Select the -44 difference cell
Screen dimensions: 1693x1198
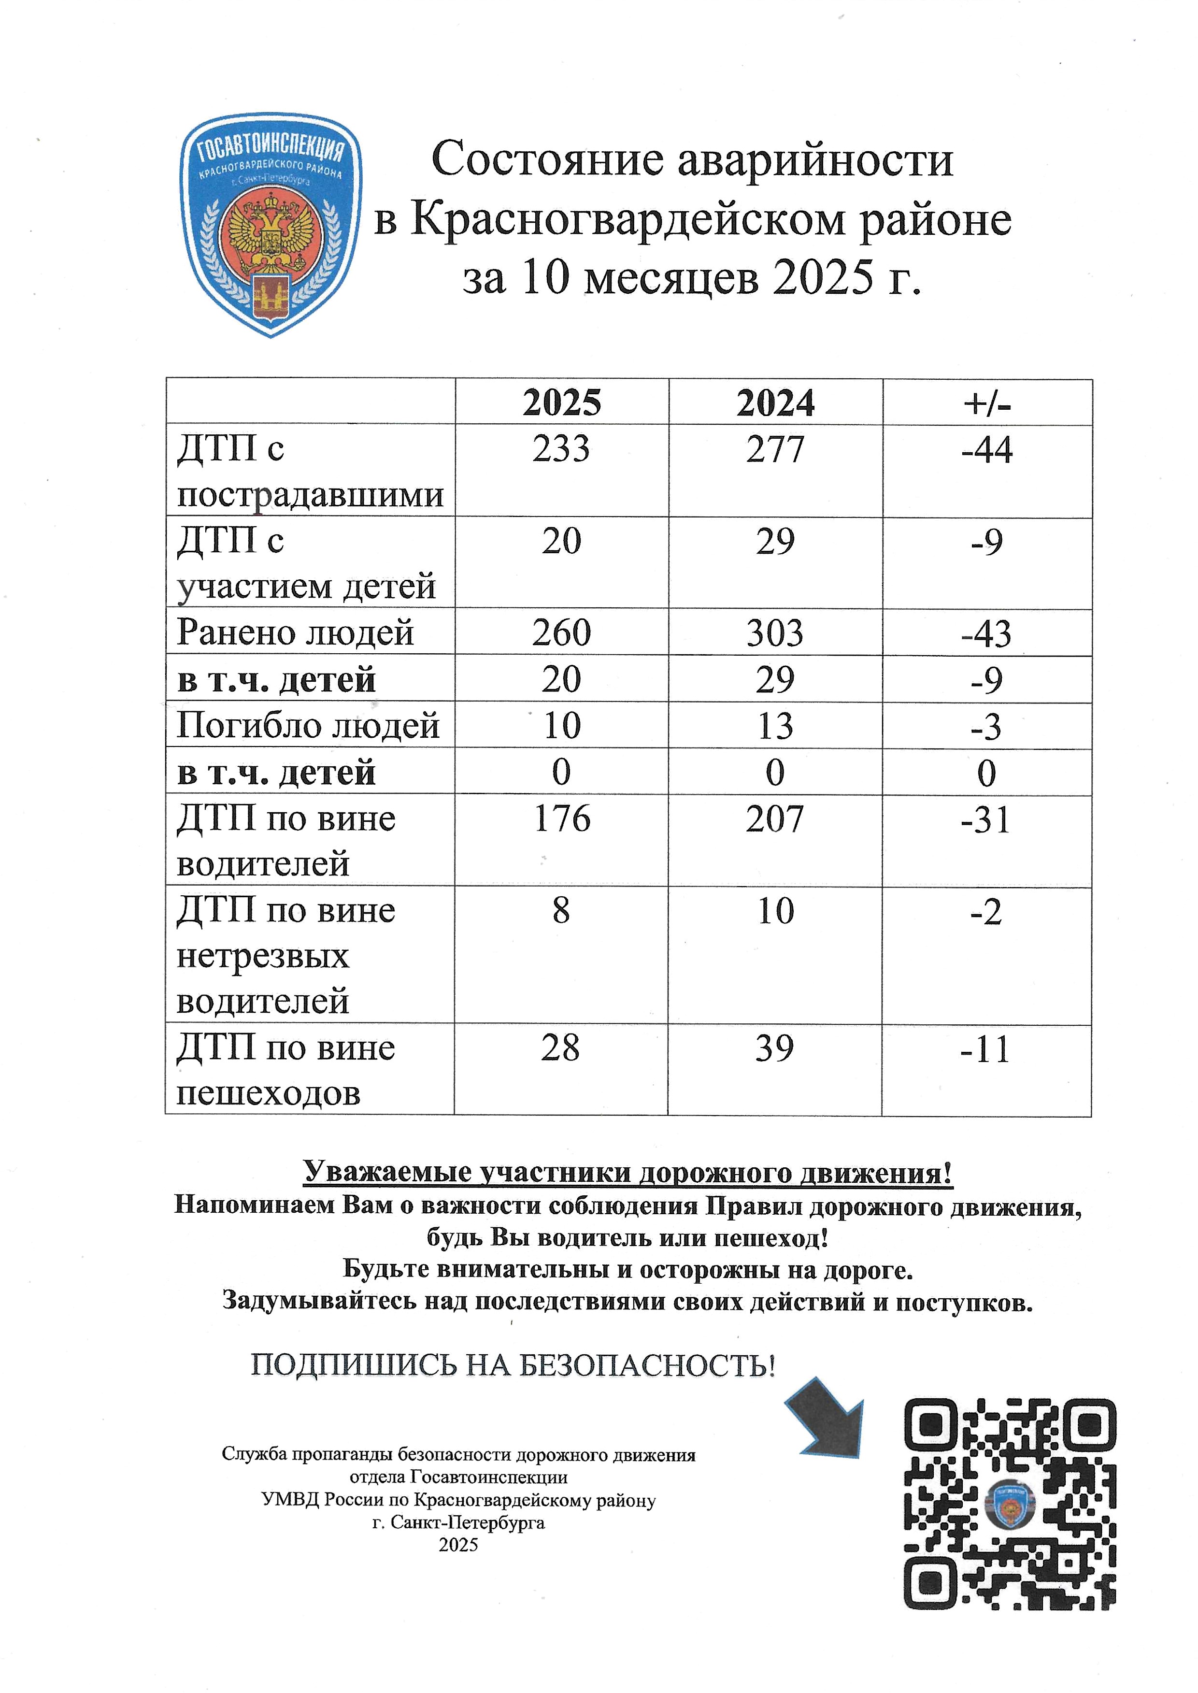coord(986,450)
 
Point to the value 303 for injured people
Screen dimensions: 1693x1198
coord(774,633)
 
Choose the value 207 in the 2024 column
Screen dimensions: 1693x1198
coord(774,819)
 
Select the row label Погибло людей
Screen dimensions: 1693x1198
coord(308,726)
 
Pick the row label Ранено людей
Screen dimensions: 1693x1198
coord(295,633)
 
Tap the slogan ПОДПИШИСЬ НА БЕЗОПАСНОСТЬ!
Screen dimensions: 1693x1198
coord(513,1365)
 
